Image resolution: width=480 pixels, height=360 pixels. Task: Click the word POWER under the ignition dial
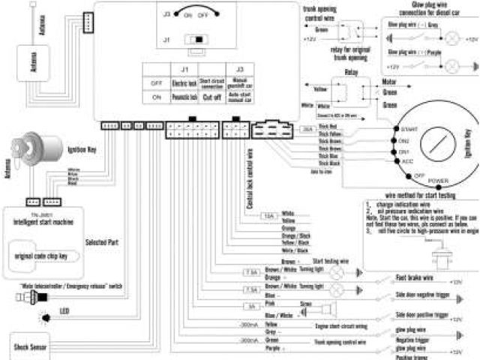[439, 181]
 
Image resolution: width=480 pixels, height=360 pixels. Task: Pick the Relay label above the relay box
[351, 72]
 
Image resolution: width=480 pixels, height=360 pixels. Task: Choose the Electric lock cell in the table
[183, 82]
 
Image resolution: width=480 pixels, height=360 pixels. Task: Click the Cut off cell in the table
[212, 97]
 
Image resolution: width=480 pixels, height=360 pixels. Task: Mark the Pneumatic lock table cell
[183, 97]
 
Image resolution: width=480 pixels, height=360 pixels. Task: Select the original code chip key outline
[48, 256]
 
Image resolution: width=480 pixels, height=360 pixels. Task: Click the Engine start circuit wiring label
[341, 327]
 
